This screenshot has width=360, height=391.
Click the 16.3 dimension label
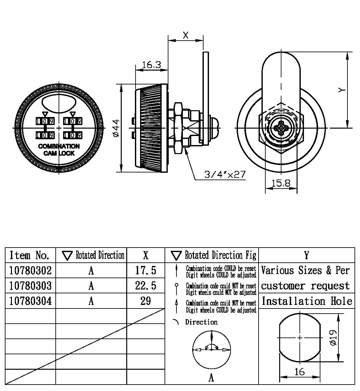coord(151,65)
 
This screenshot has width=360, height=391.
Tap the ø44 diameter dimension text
coord(116,128)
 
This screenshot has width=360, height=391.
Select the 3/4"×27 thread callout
coord(225,175)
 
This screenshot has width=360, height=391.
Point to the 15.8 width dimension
coord(281,183)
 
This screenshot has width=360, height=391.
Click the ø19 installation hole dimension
coord(334,337)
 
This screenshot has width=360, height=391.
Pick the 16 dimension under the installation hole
coord(299,372)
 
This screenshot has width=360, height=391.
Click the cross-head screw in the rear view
coord(281,128)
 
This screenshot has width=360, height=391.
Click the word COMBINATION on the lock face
coord(59,146)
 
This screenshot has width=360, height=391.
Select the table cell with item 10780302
coord(31,270)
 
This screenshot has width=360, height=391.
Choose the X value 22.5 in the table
coord(146,286)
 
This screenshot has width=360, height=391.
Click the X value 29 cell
coord(146,301)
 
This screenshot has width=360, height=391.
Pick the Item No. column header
coord(30,255)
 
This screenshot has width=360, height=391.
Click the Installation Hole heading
coord(307,301)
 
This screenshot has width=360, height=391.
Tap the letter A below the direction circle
coord(211,377)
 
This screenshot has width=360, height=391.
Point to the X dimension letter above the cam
coord(186,35)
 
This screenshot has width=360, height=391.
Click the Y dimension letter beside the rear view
coord(342,90)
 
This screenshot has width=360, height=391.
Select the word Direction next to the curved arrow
coord(201,322)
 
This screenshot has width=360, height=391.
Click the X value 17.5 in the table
coord(146,270)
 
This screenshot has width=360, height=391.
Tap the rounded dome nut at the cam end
coord(214,128)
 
